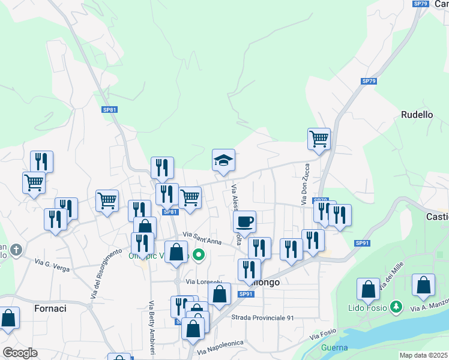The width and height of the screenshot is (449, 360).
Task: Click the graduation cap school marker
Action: coord(223,160)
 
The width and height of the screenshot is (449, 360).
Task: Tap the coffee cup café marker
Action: coord(244,221)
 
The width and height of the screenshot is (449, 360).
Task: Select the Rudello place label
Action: coord(416,115)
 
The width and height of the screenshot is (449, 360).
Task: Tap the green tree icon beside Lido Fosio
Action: coord(396,307)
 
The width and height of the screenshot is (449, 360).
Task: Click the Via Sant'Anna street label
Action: coord(202,238)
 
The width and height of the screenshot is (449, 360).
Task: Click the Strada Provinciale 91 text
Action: coord(262,317)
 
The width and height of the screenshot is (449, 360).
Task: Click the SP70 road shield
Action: coord(321,200)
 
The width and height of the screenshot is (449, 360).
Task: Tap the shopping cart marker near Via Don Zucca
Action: coord(319,139)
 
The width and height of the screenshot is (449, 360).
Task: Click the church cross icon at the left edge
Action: coord(16,249)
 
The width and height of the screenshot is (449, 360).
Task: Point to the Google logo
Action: coord(20,353)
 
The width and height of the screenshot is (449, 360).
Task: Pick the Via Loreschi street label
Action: coord(204,281)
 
